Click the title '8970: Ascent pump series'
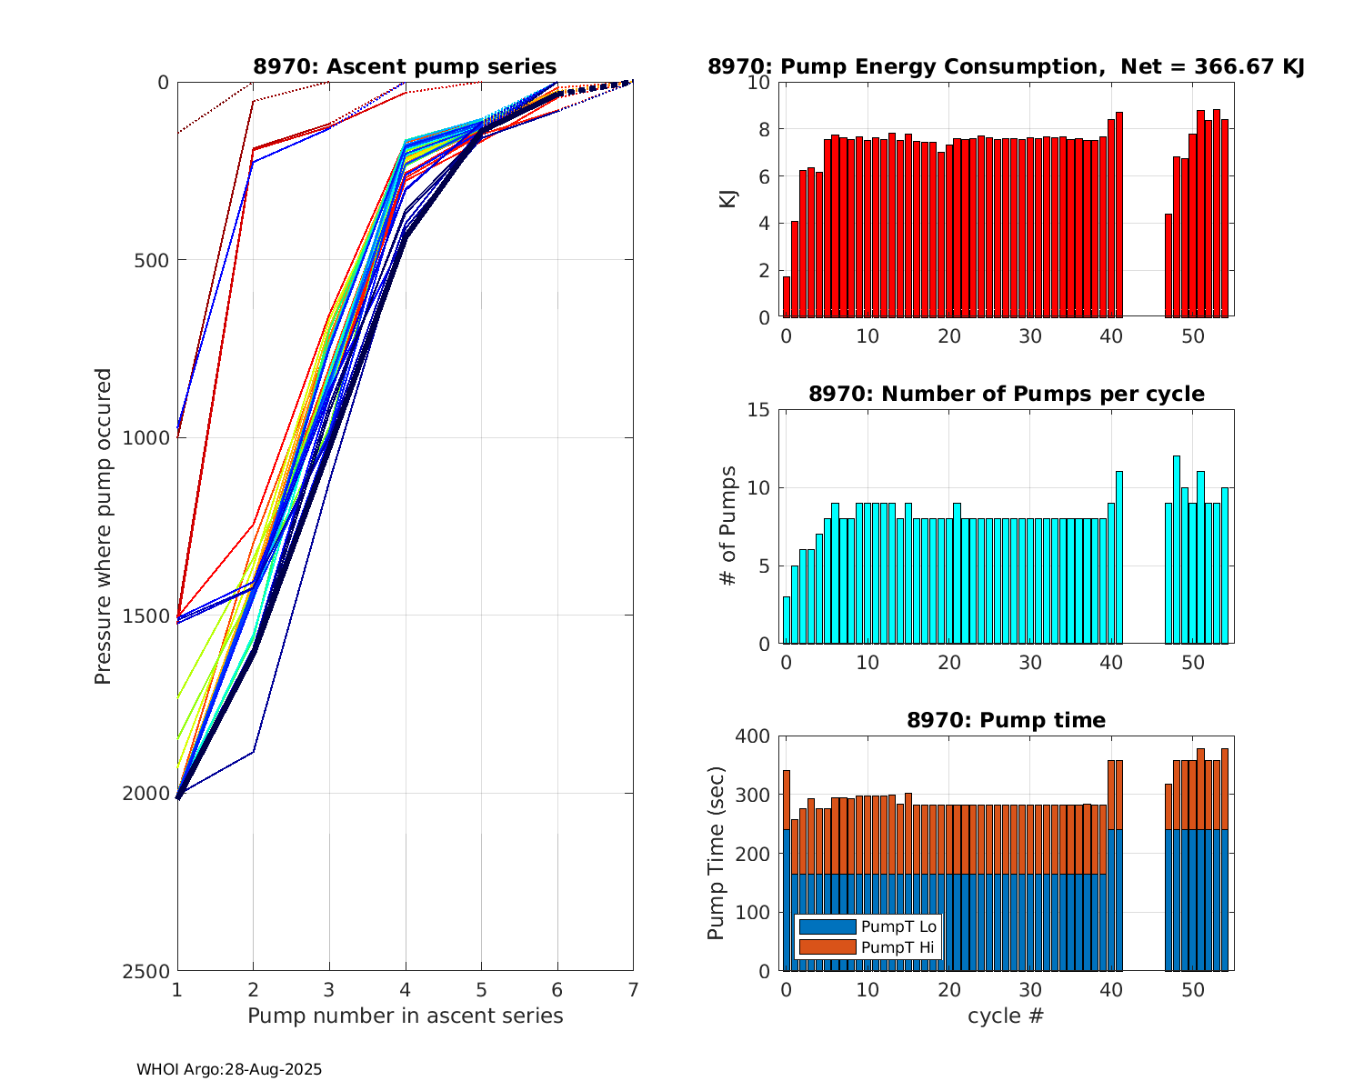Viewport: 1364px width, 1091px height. click(405, 66)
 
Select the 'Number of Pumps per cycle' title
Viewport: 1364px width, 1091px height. click(1006, 394)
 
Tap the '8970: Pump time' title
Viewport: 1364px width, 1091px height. click(1006, 720)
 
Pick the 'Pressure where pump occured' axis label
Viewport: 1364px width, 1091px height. click(104, 526)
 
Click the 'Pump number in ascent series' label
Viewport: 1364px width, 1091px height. click(405, 1016)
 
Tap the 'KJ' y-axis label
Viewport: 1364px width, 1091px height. click(727, 199)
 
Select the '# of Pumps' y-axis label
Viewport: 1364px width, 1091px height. click(727, 525)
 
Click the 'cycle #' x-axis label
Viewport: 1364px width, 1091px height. click(1006, 1016)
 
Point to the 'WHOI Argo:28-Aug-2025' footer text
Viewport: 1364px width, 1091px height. click(229, 1069)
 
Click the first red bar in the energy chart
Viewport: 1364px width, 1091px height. click(787, 297)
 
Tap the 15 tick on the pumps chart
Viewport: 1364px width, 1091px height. click(760, 409)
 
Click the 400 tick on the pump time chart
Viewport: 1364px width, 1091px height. click(755, 736)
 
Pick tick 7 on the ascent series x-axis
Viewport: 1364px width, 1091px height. click(633, 989)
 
